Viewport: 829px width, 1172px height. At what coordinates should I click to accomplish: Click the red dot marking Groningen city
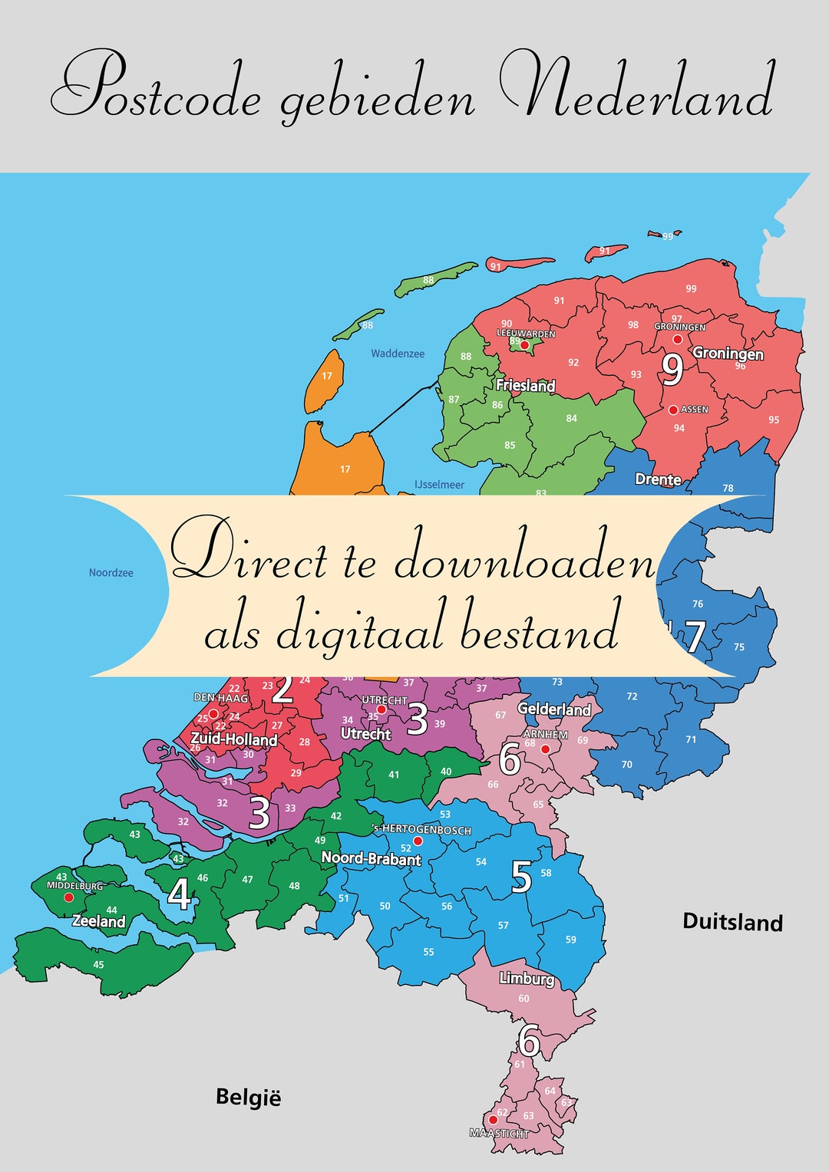(678, 339)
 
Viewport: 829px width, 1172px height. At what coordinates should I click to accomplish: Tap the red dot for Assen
(673, 410)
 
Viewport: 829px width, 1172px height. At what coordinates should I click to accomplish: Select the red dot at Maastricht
(494, 1120)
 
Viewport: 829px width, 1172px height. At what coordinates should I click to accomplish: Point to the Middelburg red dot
(68, 897)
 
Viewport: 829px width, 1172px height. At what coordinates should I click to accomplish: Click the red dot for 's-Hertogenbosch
(418, 841)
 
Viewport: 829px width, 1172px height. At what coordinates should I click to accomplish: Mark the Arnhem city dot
(545, 749)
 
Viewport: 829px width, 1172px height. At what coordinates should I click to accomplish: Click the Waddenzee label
(398, 354)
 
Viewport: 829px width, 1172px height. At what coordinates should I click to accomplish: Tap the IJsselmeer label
(439, 485)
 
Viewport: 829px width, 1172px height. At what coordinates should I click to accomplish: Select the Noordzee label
(111, 573)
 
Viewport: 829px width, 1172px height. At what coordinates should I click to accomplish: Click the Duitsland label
(732, 922)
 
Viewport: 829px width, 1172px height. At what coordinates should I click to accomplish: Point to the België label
(248, 1098)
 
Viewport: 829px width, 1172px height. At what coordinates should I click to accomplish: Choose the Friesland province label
(525, 385)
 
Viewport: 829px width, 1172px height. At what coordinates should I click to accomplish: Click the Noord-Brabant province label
(371, 858)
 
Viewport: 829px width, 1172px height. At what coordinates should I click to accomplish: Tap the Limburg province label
(526, 978)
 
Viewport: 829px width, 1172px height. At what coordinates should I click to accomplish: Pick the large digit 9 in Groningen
(672, 370)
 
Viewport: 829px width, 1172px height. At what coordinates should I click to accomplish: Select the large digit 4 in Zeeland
(179, 894)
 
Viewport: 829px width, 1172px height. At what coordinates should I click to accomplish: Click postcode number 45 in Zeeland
(98, 965)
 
